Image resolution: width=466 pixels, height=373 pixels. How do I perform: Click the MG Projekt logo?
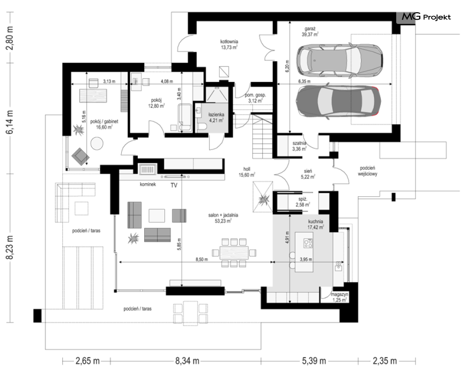pyautogui.click(x=427, y=17)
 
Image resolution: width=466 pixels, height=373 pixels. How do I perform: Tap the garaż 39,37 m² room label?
pyautogui.click(x=310, y=31)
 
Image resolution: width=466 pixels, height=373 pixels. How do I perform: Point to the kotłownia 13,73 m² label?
pyautogui.click(x=229, y=45)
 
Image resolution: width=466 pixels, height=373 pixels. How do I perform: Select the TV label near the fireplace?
pyautogui.click(x=174, y=185)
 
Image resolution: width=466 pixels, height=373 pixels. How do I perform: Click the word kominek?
pyautogui.click(x=148, y=185)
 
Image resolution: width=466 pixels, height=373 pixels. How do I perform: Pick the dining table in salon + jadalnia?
pyautogui.click(x=234, y=253)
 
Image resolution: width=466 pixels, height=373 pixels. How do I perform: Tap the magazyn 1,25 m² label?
pyautogui.click(x=340, y=297)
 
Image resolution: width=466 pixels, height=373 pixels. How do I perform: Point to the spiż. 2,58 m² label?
pyautogui.click(x=303, y=202)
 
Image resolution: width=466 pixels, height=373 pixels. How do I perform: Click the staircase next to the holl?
pyautogui.click(x=262, y=136)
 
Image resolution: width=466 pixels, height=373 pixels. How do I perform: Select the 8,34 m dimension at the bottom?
pyautogui.click(x=187, y=361)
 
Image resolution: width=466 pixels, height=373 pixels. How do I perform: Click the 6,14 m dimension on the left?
pyautogui.click(x=10, y=122)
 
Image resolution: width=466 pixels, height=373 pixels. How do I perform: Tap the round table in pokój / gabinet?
pyautogui.click(x=97, y=143)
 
